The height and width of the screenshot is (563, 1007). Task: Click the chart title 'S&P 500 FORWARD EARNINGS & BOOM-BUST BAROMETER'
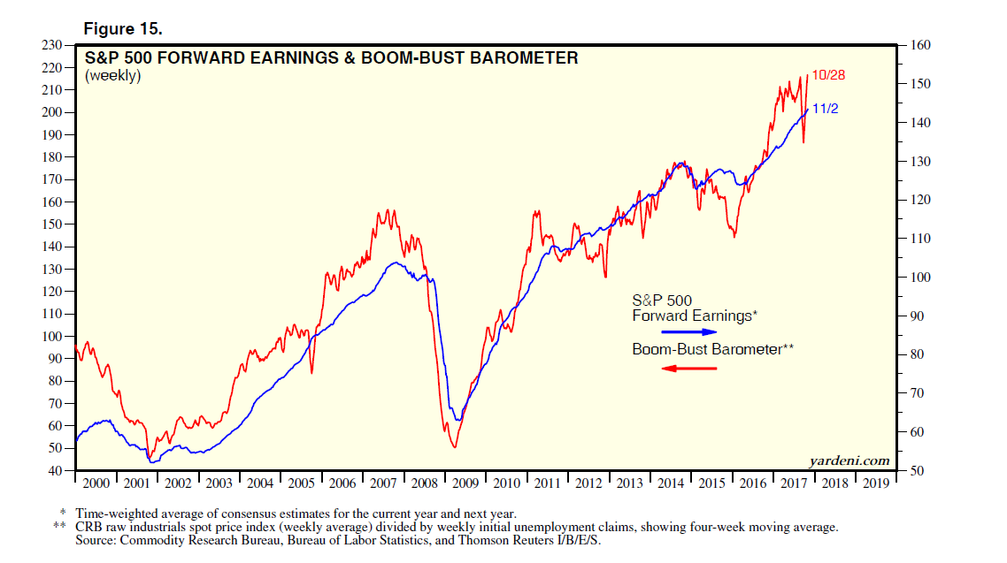pyautogui.click(x=331, y=58)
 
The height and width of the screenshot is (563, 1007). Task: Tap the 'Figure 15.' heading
pyautogui.click(x=123, y=29)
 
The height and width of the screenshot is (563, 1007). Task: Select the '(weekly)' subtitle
pyautogui.click(x=112, y=76)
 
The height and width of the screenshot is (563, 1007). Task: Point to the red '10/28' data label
pyautogui.click(x=828, y=75)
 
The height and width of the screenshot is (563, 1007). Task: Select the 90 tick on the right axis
pyautogui.click(x=917, y=316)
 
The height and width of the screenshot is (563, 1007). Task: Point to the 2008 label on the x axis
pyautogui.click(x=424, y=483)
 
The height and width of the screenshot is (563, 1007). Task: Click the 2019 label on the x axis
pyautogui.click(x=876, y=483)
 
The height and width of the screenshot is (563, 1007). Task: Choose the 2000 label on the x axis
pyautogui.click(x=96, y=483)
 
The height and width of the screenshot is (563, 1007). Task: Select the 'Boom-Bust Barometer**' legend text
pyautogui.click(x=712, y=349)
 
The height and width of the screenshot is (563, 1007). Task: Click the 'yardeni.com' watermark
pyautogui.click(x=849, y=460)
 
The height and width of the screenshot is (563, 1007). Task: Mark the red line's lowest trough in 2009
pyautogui.click(x=454, y=447)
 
